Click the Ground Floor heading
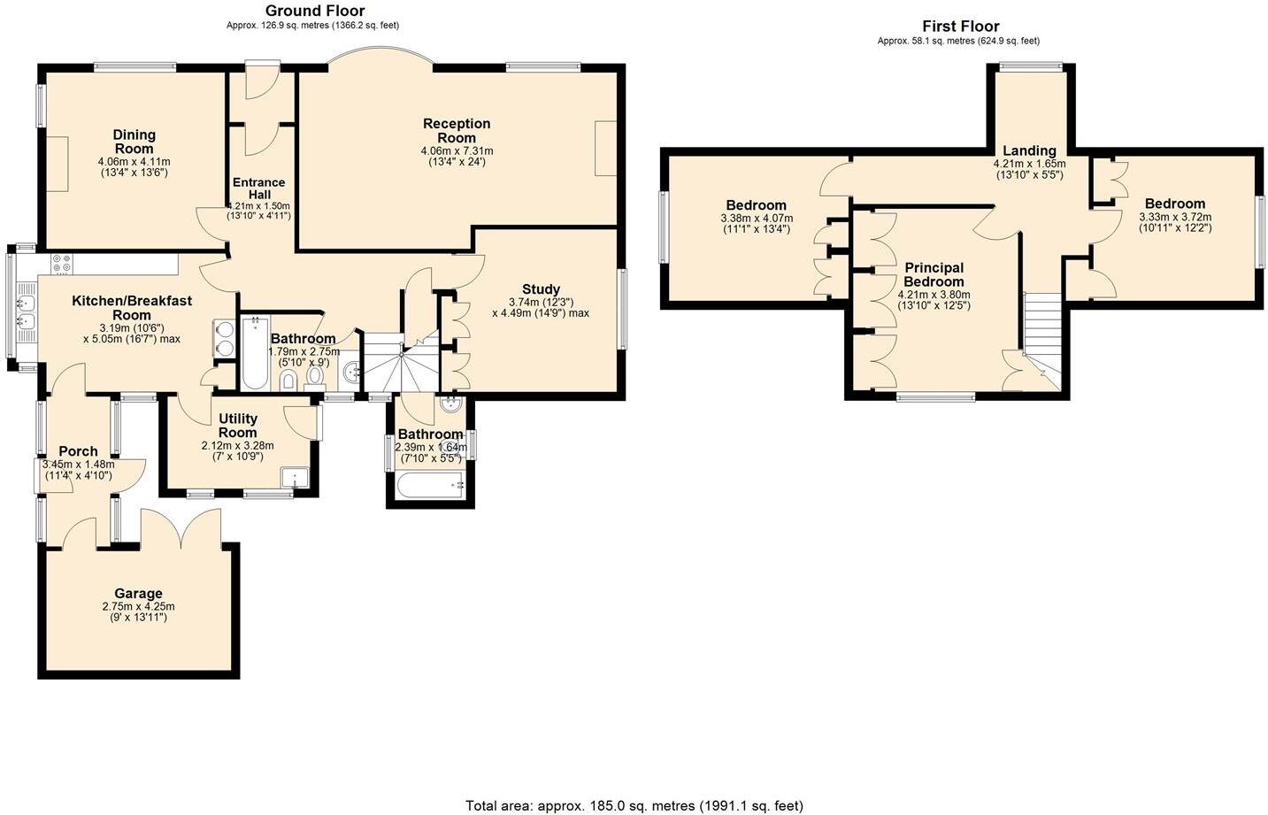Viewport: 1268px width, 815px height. pyautogui.click(x=315, y=11)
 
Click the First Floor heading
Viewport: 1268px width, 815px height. pyautogui.click(x=960, y=27)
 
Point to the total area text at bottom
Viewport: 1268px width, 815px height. pyautogui.click(x=634, y=805)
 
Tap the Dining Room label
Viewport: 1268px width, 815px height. pyautogui.click(x=134, y=142)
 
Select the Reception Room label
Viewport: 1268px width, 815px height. pyautogui.click(x=457, y=130)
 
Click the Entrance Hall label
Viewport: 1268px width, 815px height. pyautogui.click(x=258, y=188)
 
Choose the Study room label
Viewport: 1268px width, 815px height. pyautogui.click(x=540, y=289)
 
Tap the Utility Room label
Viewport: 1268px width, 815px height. pyautogui.click(x=237, y=425)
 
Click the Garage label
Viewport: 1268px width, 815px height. pyautogui.click(x=138, y=594)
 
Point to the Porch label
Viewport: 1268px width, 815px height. pyautogui.click(x=78, y=451)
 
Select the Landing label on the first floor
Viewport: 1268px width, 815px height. pyautogui.click(x=1029, y=150)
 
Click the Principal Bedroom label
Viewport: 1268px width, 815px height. pyautogui.click(x=934, y=274)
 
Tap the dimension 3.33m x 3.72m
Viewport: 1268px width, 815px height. pyautogui.click(x=1175, y=217)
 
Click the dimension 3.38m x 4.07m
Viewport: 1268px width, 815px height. pyautogui.click(x=757, y=219)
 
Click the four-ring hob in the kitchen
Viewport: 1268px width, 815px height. pyautogui.click(x=62, y=264)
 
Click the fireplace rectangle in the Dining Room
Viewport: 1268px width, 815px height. pyautogui.click(x=57, y=164)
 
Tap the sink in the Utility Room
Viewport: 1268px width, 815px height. pyautogui.click(x=294, y=479)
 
